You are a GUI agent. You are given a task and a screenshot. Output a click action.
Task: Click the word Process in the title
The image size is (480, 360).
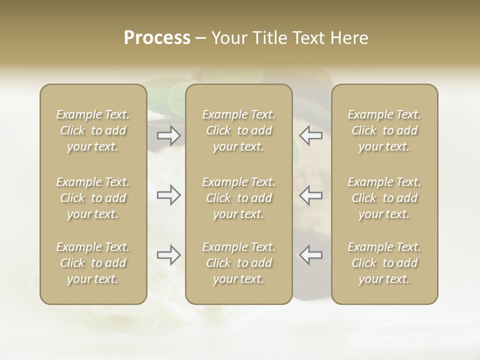[x=157, y=38]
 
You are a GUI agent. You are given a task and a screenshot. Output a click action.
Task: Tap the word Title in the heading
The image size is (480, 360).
[x=268, y=38]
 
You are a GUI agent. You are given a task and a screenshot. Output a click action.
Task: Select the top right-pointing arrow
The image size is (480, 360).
[x=168, y=135]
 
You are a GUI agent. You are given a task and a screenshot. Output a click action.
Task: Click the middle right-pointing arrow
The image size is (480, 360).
[x=168, y=194]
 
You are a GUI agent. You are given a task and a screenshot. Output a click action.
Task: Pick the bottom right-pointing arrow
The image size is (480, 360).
[x=168, y=255]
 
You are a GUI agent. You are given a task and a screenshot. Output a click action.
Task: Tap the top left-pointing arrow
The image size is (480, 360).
[x=310, y=135]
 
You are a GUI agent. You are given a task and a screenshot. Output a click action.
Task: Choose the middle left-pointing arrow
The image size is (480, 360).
[x=310, y=194]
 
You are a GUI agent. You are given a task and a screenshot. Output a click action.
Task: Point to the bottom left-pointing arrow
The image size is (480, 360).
[x=310, y=255]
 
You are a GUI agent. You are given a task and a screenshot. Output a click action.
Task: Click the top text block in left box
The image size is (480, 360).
[x=93, y=130]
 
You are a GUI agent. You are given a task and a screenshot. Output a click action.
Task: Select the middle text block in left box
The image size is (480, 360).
[x=93, y=198]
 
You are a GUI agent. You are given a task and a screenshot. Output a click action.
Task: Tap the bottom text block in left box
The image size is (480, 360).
[x=93, y=263]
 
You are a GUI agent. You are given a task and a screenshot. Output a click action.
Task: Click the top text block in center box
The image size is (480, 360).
[x=238, y=130]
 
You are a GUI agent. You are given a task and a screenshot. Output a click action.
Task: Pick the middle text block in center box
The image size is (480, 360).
[x=238, y=198]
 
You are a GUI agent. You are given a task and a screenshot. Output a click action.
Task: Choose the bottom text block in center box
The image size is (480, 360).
[x=238, y=263]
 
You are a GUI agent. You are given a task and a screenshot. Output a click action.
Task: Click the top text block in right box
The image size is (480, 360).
[x=384, y=130]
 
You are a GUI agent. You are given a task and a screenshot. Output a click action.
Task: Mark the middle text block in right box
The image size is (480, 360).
[x=384, y=198]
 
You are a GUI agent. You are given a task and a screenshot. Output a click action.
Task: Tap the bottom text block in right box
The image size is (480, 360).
[x=384, y=263]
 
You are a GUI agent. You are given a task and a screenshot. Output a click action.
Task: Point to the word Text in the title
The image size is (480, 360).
[x=308, y=38]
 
